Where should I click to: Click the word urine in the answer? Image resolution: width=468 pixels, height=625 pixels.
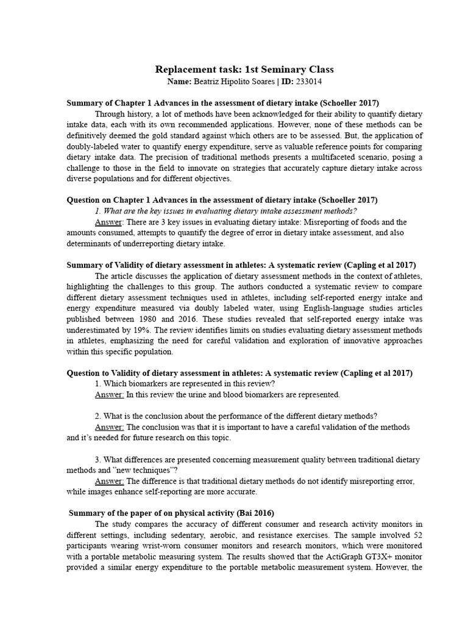[196, 395]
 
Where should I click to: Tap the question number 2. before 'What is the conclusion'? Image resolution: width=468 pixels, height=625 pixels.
[98, 416]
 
